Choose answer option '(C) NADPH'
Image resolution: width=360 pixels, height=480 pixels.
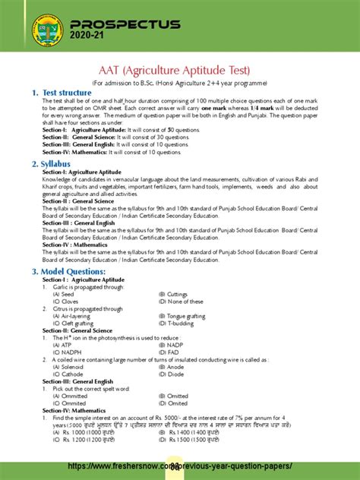[68, 352]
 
